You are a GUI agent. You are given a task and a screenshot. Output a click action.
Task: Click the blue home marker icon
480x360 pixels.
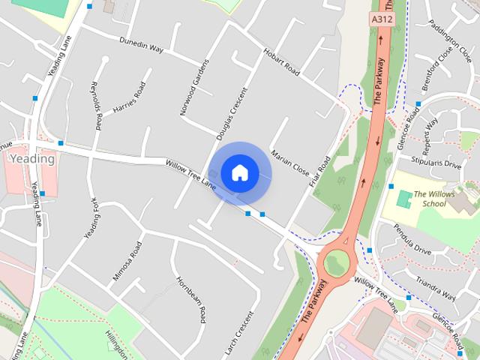[x=239, y=172]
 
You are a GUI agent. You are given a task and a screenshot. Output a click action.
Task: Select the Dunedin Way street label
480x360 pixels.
[x=141, y=46]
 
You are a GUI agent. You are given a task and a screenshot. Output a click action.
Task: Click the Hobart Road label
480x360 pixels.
[x=281, y=63]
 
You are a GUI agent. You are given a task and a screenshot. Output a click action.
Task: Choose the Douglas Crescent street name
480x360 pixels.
[x=231, y=115]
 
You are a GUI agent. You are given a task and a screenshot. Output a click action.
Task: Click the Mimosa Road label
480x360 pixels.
[x=127, y=261]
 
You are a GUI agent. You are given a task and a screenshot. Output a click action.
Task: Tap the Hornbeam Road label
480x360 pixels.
[x=192, y=299]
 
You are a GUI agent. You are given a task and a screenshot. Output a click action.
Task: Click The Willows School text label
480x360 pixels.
[x=433, y=198]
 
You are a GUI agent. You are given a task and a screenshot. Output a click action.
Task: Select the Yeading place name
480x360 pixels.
[x=31, y=159]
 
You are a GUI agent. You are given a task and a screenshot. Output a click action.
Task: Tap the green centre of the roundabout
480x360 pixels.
[x=335, y=262]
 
